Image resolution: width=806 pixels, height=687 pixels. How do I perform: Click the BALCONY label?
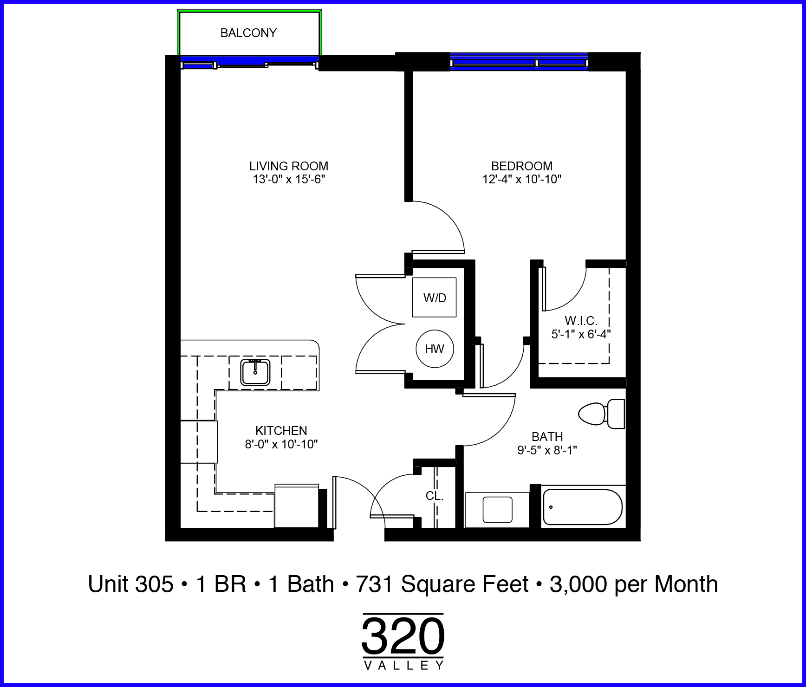(x=248, y=33)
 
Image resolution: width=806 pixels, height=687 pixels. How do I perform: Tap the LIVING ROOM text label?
(x=289, y=166)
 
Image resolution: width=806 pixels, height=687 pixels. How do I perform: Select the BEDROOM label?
(x=522, y=166)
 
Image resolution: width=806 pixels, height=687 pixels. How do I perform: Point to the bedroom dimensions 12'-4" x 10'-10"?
(x=522, y=180)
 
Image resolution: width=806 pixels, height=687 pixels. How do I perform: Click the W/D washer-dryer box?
(x=435, y=298)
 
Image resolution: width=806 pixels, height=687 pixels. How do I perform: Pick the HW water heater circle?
(x=435, y=349)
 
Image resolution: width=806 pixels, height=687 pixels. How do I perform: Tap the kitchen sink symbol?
(x=255, y=372)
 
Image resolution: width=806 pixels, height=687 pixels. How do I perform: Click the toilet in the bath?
(x=602, y=414)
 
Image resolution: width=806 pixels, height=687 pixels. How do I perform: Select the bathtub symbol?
(x=583, y=507)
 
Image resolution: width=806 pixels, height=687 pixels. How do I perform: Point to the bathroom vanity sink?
(x=498, y=510)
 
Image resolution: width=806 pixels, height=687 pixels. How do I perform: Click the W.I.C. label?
(x=581, y=321)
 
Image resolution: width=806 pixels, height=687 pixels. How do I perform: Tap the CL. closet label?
(x=435, y=496)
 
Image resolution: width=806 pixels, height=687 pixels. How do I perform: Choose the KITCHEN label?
(x=281, y=431)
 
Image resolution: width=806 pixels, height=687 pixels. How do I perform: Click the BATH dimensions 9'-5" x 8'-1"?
(x=547, y=450)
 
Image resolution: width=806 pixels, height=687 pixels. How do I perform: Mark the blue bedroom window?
(x=520, y=62)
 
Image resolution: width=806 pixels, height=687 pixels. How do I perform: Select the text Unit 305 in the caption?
(x=131, y=584)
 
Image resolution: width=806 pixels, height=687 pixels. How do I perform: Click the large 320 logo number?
(x=403, y=636)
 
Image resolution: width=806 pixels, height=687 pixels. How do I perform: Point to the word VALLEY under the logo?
(x=404, y=666)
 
